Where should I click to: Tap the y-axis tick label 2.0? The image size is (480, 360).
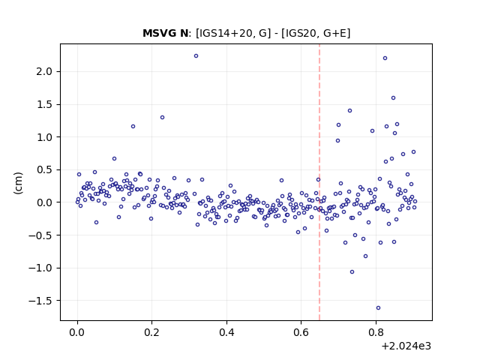coord(45,72)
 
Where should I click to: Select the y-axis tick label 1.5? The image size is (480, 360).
coord(45,104)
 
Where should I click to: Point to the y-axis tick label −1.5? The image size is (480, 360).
coord(41,301)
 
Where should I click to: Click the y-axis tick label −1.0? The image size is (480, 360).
coord(41,268)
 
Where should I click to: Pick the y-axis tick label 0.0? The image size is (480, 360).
coord(45,202)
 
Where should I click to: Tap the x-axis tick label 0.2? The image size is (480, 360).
coord(152,332)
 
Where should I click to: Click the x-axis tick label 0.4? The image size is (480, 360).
coord(226,332)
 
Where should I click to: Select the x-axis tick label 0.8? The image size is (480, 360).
coord(376,332)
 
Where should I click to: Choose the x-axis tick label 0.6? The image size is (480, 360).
coord(301,332)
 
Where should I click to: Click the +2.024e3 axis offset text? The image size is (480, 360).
coord(406,346)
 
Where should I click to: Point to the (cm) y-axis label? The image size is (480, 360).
coord(18,183)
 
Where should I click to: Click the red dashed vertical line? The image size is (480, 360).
coord(319,182)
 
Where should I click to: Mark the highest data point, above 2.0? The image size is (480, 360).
coord(196,55)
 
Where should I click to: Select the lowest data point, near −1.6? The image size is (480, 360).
coord(378,308)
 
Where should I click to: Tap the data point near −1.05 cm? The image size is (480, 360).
coord(352,271)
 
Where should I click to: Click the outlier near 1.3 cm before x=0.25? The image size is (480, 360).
coord(162,117)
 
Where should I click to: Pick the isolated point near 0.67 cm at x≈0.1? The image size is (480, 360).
coord(114,158)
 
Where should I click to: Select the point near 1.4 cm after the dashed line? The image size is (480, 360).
coord(349,110)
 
